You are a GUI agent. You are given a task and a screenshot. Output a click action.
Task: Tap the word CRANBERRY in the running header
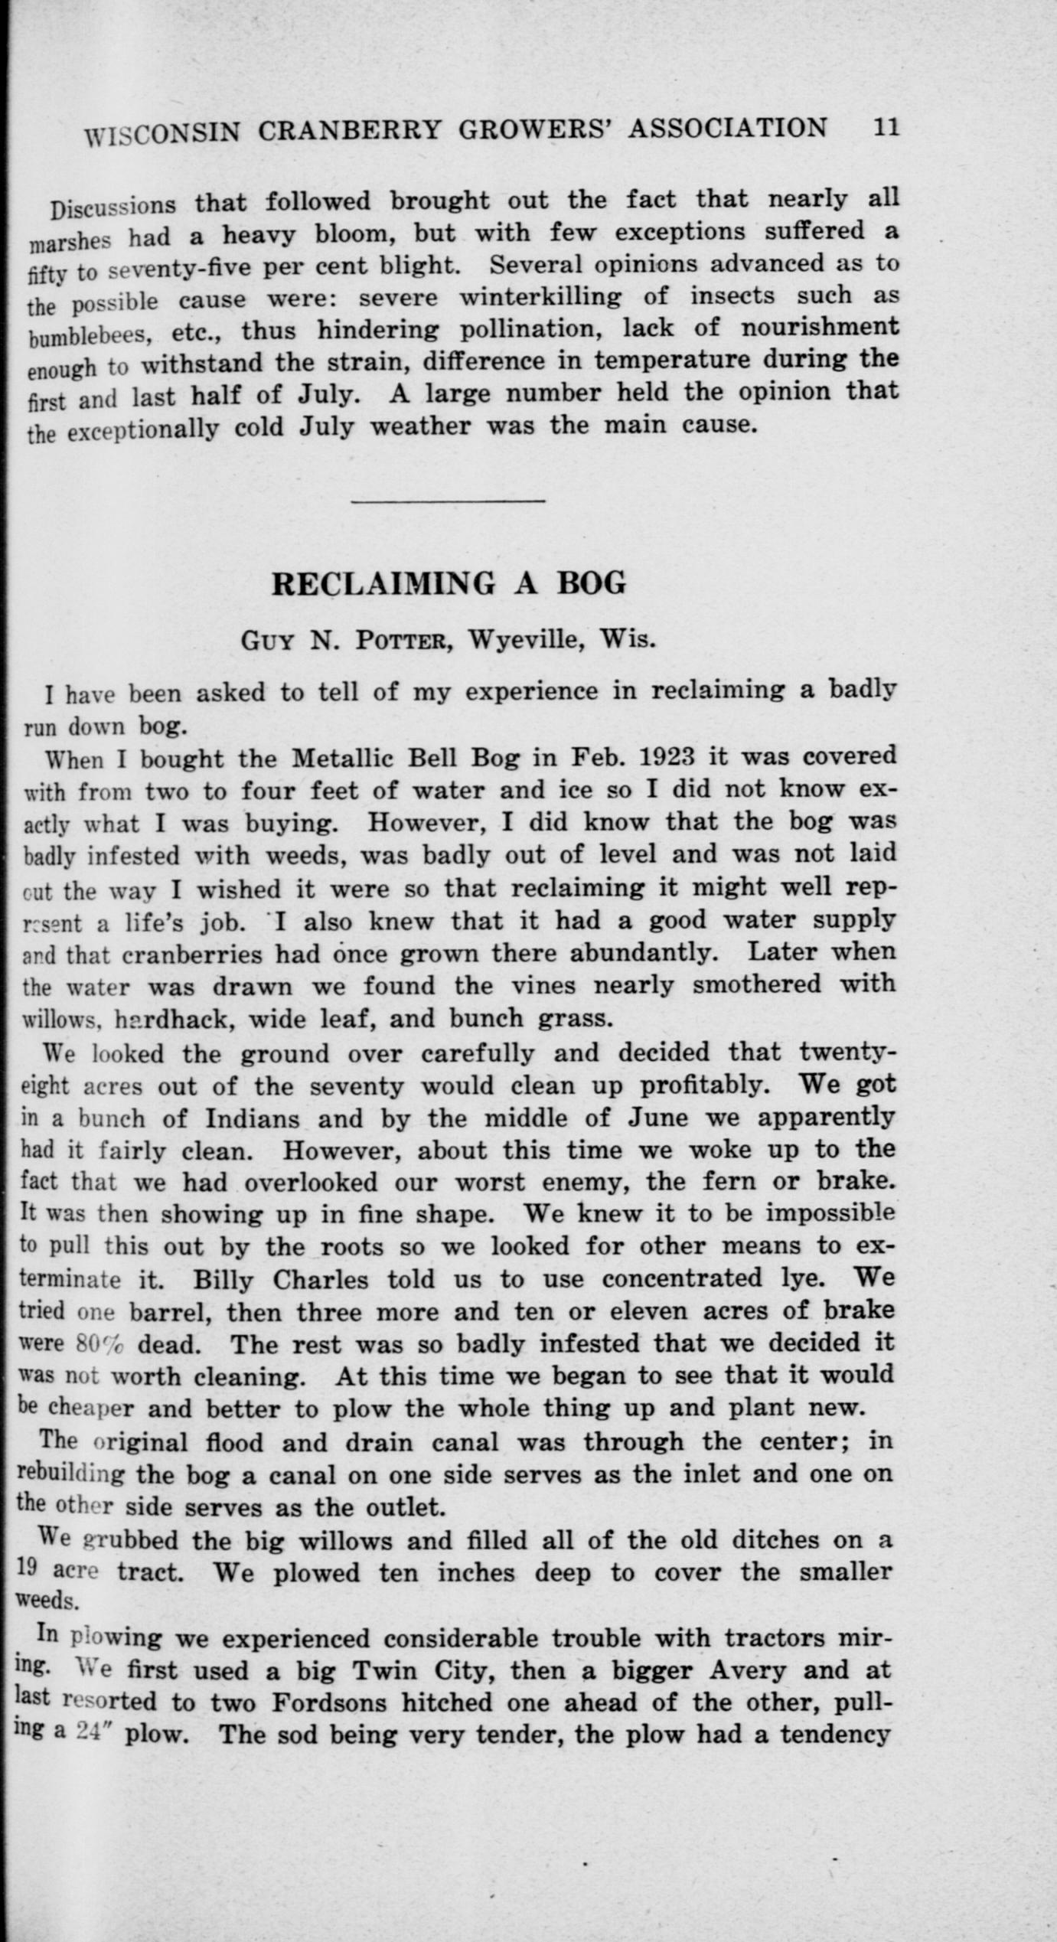[348, 131]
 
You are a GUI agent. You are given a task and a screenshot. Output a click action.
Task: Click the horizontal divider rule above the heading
[448, 502]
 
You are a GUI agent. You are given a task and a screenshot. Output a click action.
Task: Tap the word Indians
[252, 1119]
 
